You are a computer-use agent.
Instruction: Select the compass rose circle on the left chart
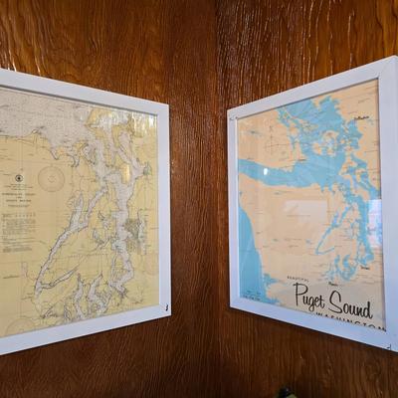point(51,179)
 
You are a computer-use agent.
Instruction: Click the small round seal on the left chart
point(18,179)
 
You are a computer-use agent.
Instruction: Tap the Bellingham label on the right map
point(360,118)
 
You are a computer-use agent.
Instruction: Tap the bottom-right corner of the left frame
point(169,317)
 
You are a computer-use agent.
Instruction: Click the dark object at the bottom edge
point(288,392)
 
